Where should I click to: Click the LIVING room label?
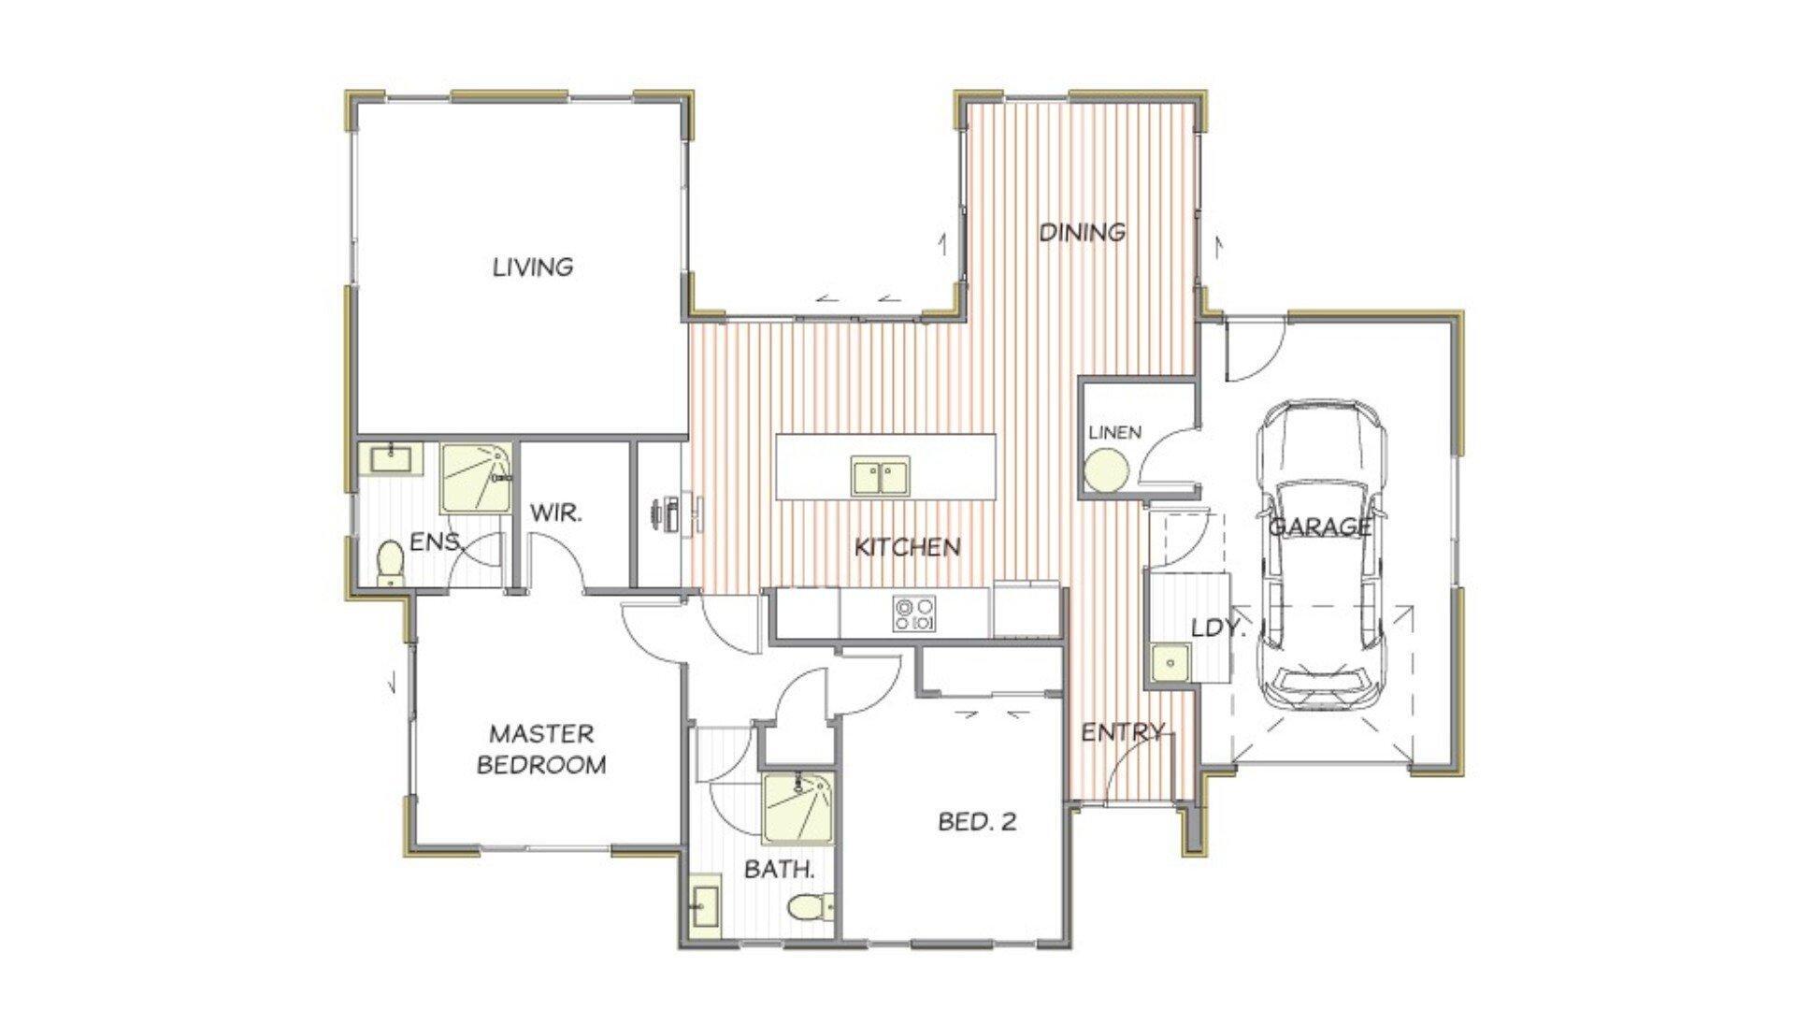[533, 267]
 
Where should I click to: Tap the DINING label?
[1083, 231]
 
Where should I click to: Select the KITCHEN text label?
[907, 547]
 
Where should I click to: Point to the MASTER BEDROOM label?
[542, 748]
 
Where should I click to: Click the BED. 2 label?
[977, 822]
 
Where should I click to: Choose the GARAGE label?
[1320, 527]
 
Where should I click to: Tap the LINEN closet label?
[1115, 432]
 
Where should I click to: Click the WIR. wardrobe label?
[557, 512]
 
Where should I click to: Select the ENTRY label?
[1124, 732]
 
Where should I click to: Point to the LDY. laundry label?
[1218, 628]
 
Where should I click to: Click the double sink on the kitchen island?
[880, 476]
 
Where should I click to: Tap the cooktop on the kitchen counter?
[913, 613]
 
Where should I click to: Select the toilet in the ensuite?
[389, 563]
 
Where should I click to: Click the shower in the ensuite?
[476, 479]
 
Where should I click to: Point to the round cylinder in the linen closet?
[1107, 469]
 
